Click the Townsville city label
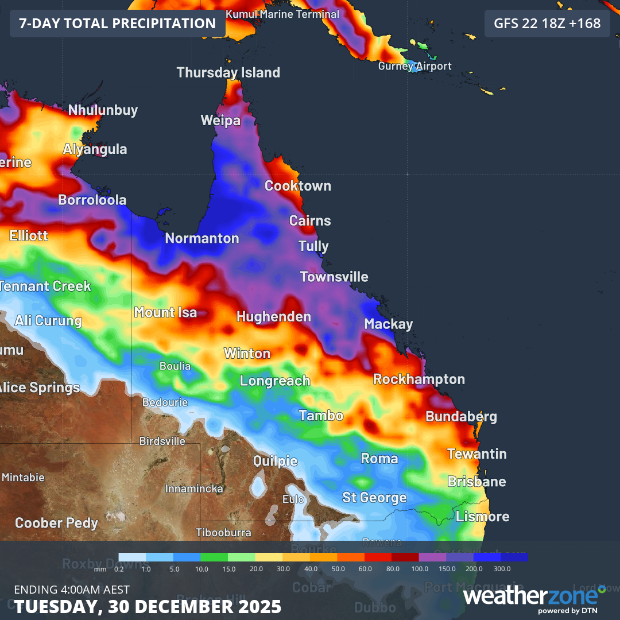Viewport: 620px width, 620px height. coord(334,277)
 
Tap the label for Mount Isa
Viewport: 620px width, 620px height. coord(165,312)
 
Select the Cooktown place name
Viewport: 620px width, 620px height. coord(297,186)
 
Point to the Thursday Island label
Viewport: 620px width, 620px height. coord(228,72)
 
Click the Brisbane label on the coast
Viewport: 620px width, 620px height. coord(476,482)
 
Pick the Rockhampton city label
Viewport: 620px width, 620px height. coord(418,379)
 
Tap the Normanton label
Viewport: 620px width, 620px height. coord(201,238)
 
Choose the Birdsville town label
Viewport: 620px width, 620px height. coord(162,441)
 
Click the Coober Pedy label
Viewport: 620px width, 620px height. coord(56,523)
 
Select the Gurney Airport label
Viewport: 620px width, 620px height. coord(414,66)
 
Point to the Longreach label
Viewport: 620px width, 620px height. coord(274,381)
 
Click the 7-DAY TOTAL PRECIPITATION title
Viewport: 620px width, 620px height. coord(117,24)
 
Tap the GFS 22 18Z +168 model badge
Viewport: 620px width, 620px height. coord(547,24)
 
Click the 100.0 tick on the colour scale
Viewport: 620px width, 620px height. coord(420,568)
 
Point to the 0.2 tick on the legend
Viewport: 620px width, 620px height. coord(119,568)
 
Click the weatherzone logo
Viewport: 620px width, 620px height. coord(534,598)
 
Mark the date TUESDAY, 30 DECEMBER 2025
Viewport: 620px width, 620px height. coord(148,606)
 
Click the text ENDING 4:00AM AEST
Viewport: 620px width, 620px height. coord(72,590)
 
